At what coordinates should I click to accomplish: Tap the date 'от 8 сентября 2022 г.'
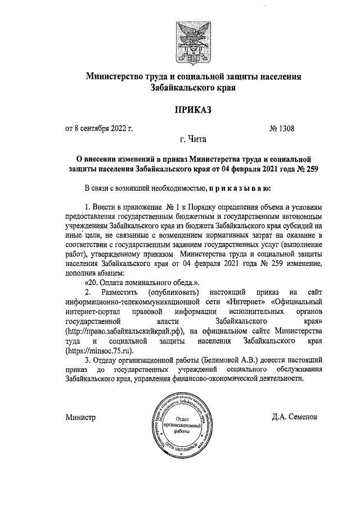pos(99,129)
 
